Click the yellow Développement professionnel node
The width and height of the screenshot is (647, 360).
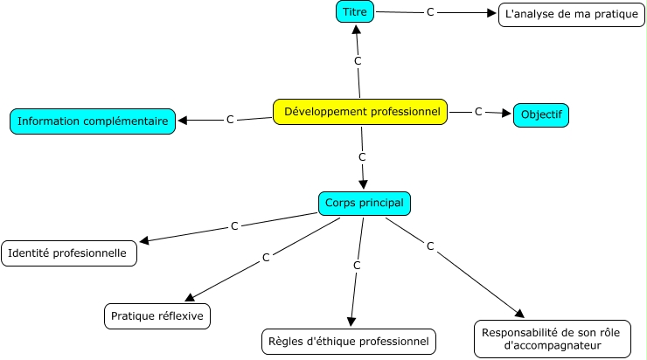(x=361, y=112)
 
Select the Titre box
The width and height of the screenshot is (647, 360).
(x=355, y=12)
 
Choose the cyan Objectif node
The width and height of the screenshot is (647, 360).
(x=540, y=114)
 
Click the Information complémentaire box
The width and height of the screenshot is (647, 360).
(x=93, y=121)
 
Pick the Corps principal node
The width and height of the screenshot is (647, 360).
(x=364, y=203)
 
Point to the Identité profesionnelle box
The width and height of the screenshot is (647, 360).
(x=70, y=253)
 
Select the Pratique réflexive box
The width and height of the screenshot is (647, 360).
(x=157, y=315)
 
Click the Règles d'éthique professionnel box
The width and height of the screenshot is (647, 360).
(x=348, y=341)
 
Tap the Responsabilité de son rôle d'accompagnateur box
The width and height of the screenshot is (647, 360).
(x=553, y=338)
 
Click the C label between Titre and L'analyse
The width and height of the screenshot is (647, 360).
(x=430, y=13)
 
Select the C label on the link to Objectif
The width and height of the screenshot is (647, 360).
(x=478, y=112)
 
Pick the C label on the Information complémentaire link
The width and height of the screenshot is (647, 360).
(x=230, y=119)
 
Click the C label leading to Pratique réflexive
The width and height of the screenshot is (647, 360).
(x=266, y=259)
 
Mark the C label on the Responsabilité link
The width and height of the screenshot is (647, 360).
(x=430, y=246)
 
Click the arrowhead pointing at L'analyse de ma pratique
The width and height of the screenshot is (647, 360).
(x=492, y=14)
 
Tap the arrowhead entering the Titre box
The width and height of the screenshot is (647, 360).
(x=356, y=30)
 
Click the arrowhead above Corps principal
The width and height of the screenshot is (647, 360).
(x=364, y=185)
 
